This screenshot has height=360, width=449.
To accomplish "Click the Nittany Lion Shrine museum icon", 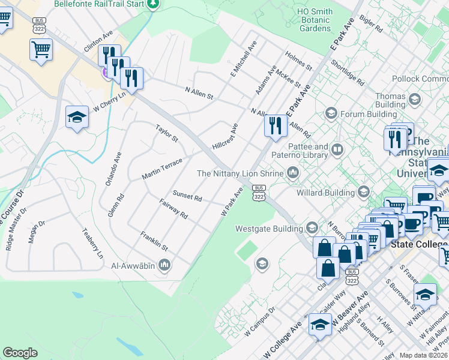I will (293, 173).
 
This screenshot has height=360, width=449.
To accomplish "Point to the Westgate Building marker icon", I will (312, 228).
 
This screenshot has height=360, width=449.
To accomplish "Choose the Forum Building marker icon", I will (330, 113).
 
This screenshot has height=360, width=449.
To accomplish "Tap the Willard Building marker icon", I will (363, 193).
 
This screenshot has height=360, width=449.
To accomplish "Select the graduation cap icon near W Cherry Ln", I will (77, 118).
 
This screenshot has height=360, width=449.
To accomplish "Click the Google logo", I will (20, 353).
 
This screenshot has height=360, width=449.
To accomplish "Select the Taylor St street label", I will (167, 134).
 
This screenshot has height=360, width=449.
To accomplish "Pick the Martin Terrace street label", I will (161, 169).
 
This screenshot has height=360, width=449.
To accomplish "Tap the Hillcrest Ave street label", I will (225, 137).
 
